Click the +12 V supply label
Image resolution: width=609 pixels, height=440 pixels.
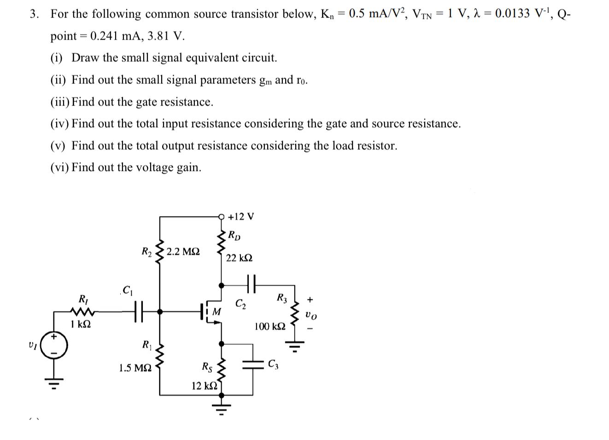coord(240,217)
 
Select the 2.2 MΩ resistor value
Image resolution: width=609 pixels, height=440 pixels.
coord(183,252)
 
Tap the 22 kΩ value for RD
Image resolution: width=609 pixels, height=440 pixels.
coord(239,258)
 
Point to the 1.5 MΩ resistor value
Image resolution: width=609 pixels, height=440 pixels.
coord(135,368)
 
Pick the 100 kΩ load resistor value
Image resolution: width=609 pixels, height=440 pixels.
coord(269,327)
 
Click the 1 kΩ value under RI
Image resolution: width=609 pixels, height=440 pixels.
coord(81,324)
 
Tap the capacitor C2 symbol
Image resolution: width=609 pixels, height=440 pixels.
coord(251,285)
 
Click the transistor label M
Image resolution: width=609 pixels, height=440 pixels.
coord(216,312)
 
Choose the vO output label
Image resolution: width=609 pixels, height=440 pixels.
coord(311,315)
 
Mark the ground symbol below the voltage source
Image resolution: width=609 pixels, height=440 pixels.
coord(54,382)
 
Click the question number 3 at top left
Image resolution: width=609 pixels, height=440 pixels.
coord(34,14)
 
